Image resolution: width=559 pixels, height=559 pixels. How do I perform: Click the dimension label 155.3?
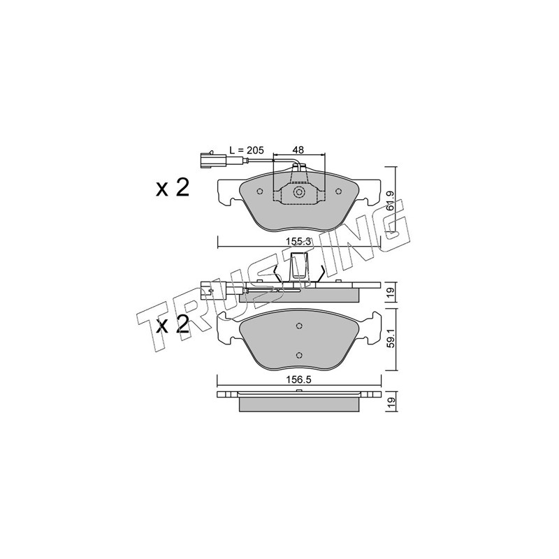[299, 241]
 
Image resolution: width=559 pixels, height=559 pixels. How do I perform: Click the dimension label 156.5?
[298, 380]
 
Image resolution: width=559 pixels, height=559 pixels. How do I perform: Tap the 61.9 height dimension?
[391, 202]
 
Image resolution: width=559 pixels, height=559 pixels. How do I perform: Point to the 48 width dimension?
[298, 150]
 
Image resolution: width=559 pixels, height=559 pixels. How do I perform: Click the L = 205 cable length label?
[246, 150]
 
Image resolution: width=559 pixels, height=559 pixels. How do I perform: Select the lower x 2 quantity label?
[173, 325]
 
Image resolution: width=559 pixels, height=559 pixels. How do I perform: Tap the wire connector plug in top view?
[213, 160]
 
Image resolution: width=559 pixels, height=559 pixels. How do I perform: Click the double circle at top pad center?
[299, 193]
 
